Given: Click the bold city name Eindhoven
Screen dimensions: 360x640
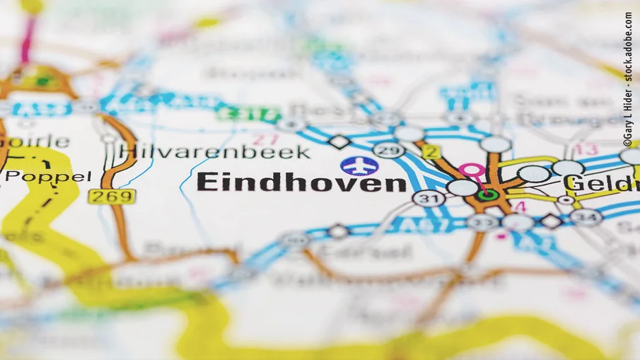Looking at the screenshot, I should pyautogui.click(x=301, y=183).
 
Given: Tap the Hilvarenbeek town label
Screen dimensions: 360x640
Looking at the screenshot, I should pyautogui.click(x=215, y=151).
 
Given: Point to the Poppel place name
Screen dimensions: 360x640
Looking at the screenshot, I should pyautogui.click(x=46, y=176).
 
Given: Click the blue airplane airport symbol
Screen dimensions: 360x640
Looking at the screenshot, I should pyautogui.click(x=359, y=166).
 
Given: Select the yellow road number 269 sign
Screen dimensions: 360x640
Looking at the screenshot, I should pyautogui.click(x=112, y=196).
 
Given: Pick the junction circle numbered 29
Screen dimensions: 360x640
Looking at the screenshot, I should pyautogui.click(x=388, y=150).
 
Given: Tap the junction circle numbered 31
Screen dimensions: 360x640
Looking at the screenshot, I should pyautogui.click(x=429, y=199).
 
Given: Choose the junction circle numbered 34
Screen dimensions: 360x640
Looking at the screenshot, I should pyautogui.click(x=587, y=217).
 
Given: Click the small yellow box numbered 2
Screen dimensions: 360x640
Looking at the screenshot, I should pyautogui.click(x=432, y=151).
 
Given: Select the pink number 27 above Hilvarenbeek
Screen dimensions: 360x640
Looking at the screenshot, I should pyautogui.click(x=265, y=139).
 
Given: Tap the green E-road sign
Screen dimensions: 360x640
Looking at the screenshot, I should pyautogui.click(x=248, y=113).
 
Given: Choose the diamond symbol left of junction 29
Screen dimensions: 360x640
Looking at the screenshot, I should pyautogui.click(x=339, y=141).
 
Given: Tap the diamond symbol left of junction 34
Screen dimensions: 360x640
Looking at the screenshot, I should pyautogui.click(x=552, y=221).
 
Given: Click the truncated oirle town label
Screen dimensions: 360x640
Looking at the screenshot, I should pyautogui.click(x=35, y=141).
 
